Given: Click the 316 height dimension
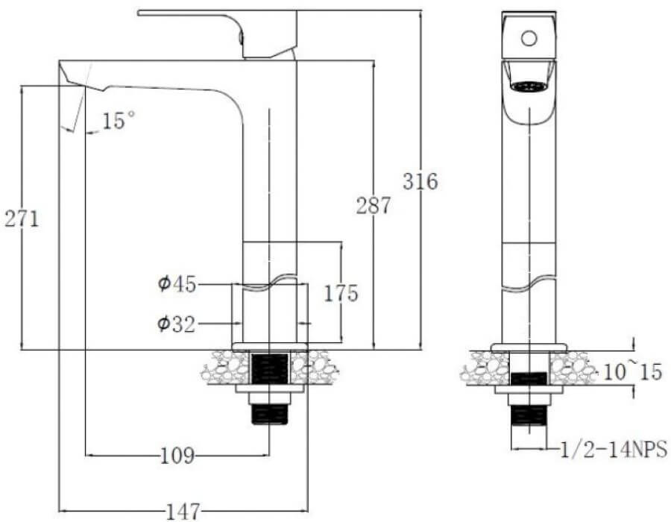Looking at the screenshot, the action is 420,181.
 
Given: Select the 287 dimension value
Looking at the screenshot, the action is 374,206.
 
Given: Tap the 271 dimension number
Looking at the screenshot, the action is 22,219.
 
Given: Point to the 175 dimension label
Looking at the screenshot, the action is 341,293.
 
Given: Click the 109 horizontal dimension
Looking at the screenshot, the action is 177,455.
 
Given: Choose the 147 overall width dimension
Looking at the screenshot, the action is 183,511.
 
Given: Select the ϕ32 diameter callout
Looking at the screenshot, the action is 176,324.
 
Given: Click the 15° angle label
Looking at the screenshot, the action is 119,120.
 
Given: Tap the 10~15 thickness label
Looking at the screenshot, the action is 632,372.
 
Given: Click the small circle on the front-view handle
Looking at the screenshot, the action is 529,38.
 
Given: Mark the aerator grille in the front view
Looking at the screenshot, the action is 529,87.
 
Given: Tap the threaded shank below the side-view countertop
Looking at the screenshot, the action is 269,414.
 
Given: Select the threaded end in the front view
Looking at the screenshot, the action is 529,415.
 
